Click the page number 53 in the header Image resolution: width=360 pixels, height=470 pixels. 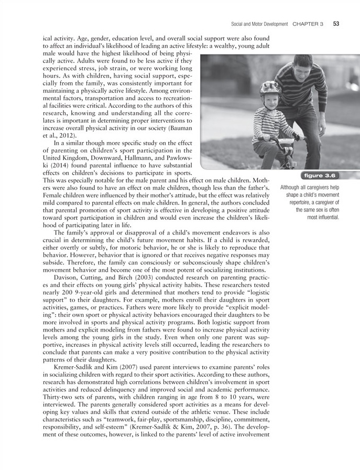tap(335, 24)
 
